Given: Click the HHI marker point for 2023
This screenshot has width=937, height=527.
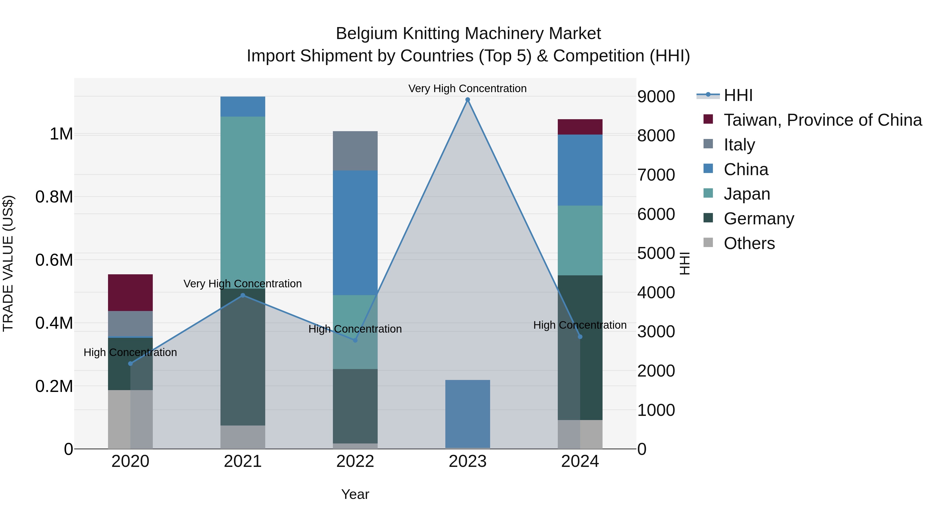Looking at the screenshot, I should coord(467,100).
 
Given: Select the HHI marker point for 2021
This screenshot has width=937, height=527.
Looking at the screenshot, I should coord(243,295).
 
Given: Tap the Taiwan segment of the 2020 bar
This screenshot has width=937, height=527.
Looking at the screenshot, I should coord(130,293).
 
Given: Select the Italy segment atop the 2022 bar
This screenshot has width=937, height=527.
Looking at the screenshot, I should coord(355,151).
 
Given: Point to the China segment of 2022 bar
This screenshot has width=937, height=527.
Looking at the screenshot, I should coord(355,233).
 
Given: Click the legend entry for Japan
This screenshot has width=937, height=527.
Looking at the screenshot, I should coord(746,194).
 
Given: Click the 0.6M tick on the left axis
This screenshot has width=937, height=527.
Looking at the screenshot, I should coord(54,260).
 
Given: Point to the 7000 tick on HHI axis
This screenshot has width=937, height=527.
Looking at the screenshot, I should coord(656,175).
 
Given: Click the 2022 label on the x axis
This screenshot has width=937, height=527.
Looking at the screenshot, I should coord(355,461).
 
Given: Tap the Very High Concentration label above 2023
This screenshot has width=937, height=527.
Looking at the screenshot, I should coord(467,88).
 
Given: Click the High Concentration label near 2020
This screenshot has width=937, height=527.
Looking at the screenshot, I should coord(130,352).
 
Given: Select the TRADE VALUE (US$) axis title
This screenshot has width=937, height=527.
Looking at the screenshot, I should coord(8,263).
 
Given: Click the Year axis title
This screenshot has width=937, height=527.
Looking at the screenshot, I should coord(355,494).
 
